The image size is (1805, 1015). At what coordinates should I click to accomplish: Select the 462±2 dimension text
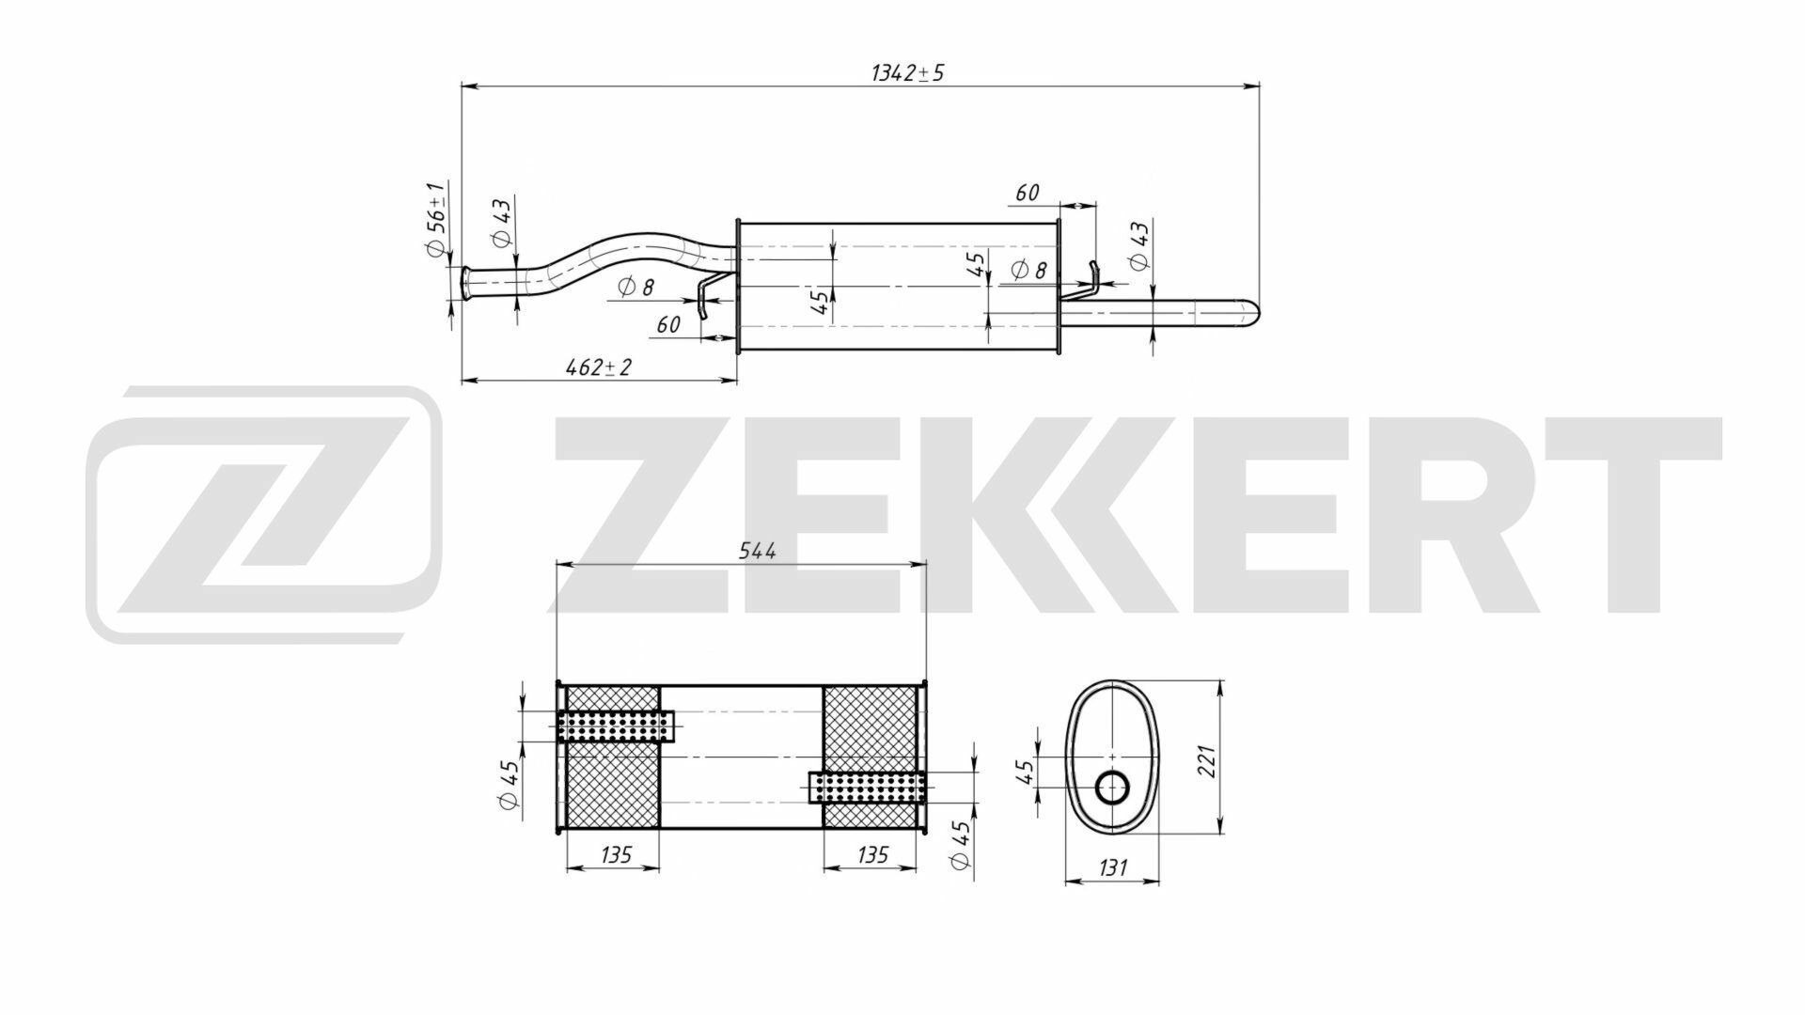pyautogui.click(x=599, y=367)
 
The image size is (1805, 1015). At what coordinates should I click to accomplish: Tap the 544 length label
pyautogui.click(x=757, y=552)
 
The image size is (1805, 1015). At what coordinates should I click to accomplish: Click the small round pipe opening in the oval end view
pyautogui.click(x=1113, y=788)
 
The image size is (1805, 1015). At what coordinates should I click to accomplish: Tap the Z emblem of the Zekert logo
pyautogui.click(x=264, y=514)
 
